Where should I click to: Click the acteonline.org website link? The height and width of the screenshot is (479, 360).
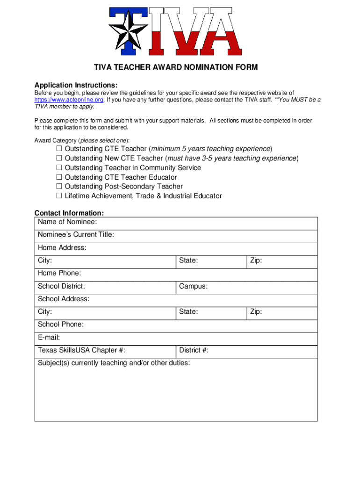pos(69,100)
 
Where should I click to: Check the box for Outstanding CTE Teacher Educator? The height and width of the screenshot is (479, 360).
pos(59,177)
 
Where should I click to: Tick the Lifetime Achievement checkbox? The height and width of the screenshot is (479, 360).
pos(59,196)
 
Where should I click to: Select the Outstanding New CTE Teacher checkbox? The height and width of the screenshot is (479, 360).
pos(59,158)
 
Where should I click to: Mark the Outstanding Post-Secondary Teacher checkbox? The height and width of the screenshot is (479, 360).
pos(59,187)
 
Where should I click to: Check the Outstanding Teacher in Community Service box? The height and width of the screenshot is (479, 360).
pos(59,167)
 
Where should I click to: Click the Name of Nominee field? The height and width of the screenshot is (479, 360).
pos(206,222)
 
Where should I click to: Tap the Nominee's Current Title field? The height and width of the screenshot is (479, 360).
pos(215,235)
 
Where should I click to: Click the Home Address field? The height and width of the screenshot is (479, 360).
pos(201,248)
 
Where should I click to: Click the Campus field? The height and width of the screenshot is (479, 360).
pos(262,286)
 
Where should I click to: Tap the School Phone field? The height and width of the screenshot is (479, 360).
pos(201,325)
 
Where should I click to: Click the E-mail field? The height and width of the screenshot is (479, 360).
pos(187,337)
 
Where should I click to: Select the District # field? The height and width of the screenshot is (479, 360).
pos(262,350)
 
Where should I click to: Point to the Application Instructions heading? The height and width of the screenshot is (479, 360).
pos(76,85)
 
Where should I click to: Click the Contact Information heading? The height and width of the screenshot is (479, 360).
pos(69,213)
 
